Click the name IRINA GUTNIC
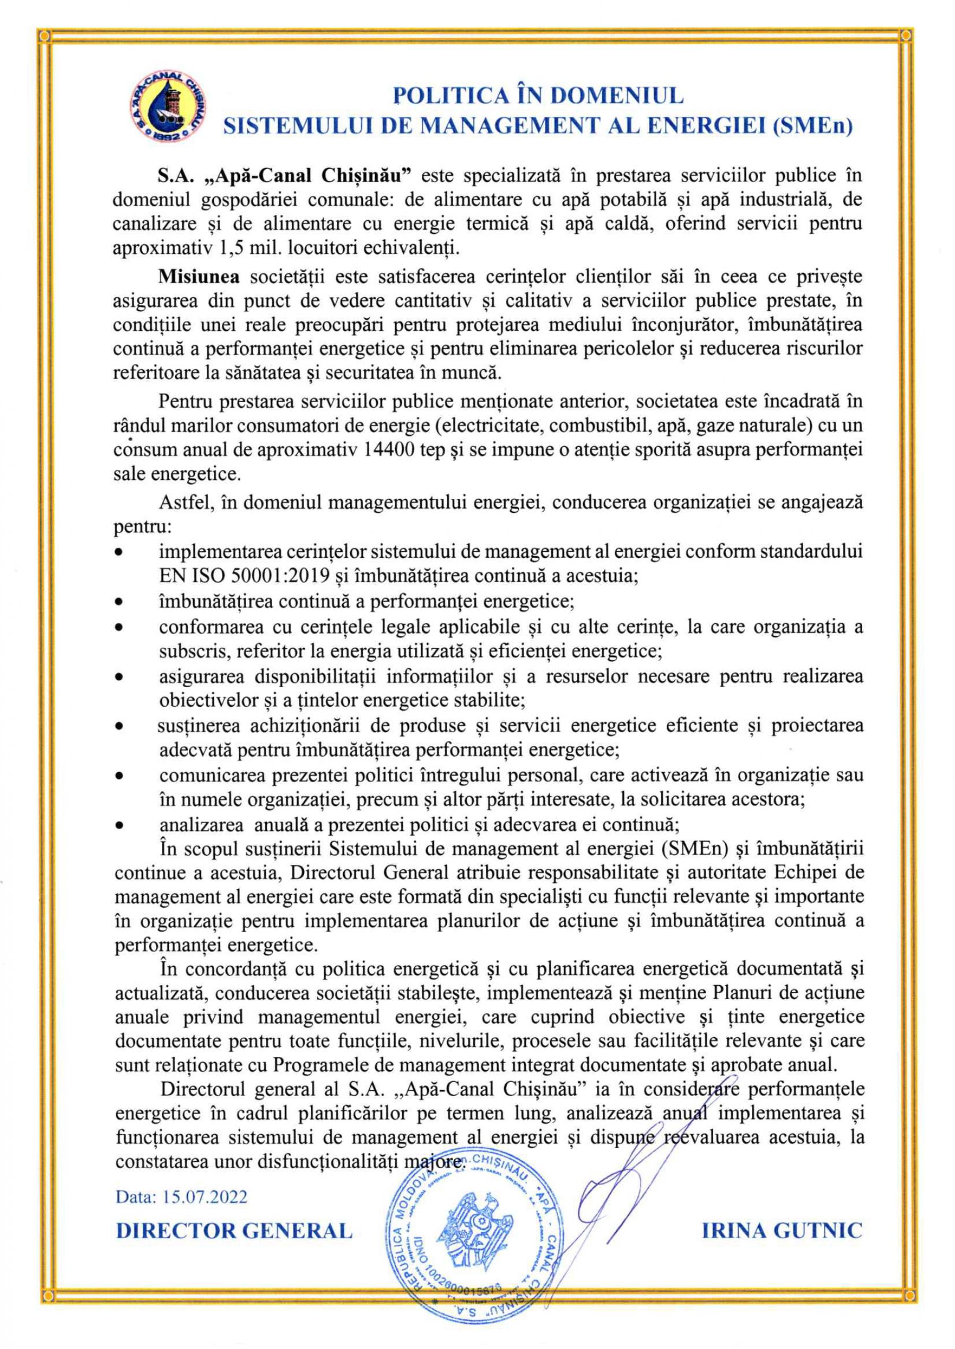[x=782, y=1230]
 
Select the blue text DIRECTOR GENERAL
[x=234, y=1230]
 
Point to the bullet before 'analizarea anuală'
[x=119, y=825]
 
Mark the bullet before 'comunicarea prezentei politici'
[x=119, y=776]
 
